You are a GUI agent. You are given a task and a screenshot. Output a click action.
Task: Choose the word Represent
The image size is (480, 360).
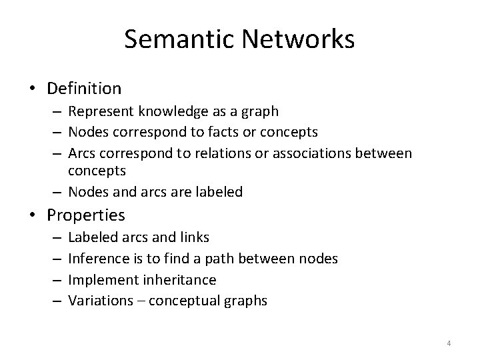(x=99, y=111)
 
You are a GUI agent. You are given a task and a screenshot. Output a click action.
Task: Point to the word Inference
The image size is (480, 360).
(x=97, y=258)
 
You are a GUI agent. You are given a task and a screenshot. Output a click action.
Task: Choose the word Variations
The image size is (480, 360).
(x=98, y=301)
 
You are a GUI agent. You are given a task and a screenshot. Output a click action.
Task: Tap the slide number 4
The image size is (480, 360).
(x=449, y=344)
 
